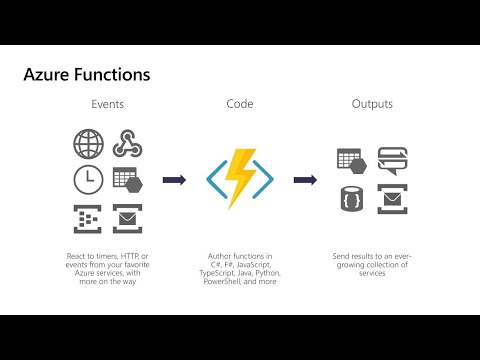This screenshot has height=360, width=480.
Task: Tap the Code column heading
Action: [x=240, y=104]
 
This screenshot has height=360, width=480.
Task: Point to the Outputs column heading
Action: [x=372, y=104]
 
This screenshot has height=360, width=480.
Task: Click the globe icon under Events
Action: [x=88, y=145]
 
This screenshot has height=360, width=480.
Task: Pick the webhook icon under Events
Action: [x=126, y=145]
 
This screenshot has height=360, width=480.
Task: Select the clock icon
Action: [x=88, y=180]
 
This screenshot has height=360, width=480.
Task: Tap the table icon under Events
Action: [x=126, y=181]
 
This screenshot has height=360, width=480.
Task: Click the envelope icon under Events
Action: [x=126, y=216]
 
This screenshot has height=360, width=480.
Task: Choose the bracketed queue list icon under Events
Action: [x=88, y=216]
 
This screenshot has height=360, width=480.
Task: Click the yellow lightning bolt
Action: [x=240, y=178]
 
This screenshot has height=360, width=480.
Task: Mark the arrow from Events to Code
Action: [x=174, y=180]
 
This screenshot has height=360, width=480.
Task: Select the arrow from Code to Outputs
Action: [x=305, y=180]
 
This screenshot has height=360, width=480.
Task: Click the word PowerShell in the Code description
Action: [x=226, y=282]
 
